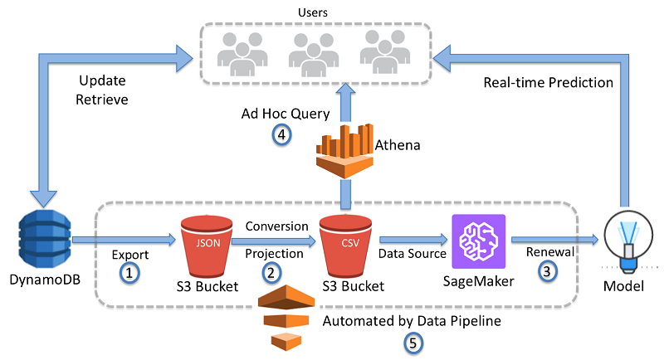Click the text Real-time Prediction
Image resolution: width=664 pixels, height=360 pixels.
[x=549, y=83]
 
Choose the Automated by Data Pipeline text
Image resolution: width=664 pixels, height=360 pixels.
[x=412, y=320]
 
